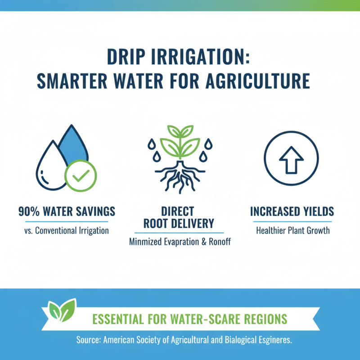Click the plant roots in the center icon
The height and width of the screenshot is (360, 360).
(180, 178)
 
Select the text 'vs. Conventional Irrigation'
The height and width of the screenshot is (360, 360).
(66, 231)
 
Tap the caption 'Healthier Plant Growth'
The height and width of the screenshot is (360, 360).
(292, 231)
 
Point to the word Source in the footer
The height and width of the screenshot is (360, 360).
(88, 340)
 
